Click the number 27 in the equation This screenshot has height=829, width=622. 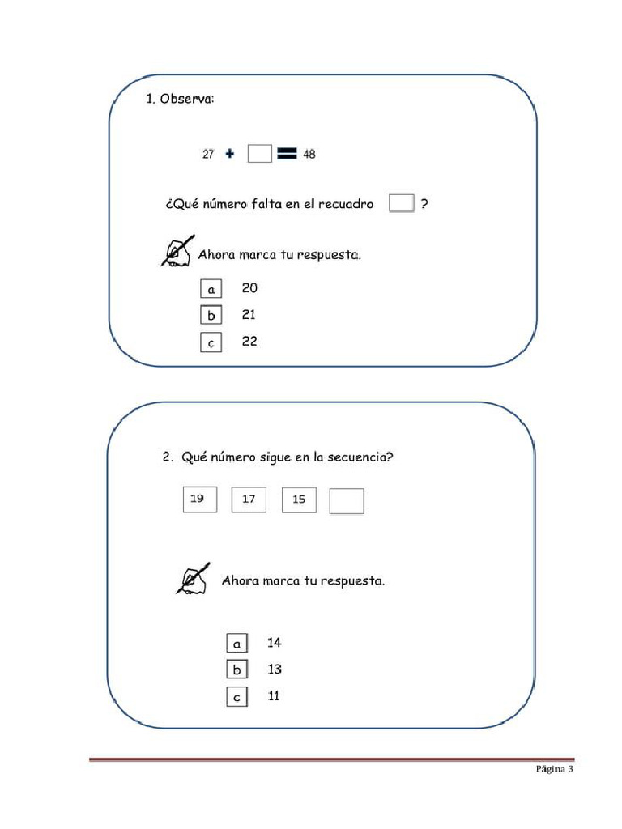coord(208,154)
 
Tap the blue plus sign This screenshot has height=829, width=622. coord(230,154)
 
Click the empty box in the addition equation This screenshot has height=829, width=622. coord(260,154)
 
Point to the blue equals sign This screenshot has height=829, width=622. coord(287,154)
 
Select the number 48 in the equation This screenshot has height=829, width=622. coord(309,154)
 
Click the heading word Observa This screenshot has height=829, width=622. coord(187,100)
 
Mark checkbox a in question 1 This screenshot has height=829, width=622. coord(211,289)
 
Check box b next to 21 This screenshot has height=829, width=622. coord(211,316)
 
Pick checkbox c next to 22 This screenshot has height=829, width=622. coord(211,342)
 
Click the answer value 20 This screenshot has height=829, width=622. coord(249,288)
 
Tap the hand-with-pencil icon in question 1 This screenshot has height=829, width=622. coord(178,251)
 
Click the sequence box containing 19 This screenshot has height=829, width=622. coord(199,500)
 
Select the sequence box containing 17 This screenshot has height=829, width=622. coord(249,500)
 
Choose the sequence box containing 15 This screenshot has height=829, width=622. coord(299,500)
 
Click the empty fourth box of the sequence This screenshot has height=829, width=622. coord(347,501)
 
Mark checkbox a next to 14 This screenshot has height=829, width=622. coord(236,644)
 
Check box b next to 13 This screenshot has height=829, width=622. coord(236,670)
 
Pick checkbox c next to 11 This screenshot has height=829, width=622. coord(236,697)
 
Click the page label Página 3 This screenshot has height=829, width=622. coord(554,770)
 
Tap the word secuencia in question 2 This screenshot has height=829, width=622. coord(361,457)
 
